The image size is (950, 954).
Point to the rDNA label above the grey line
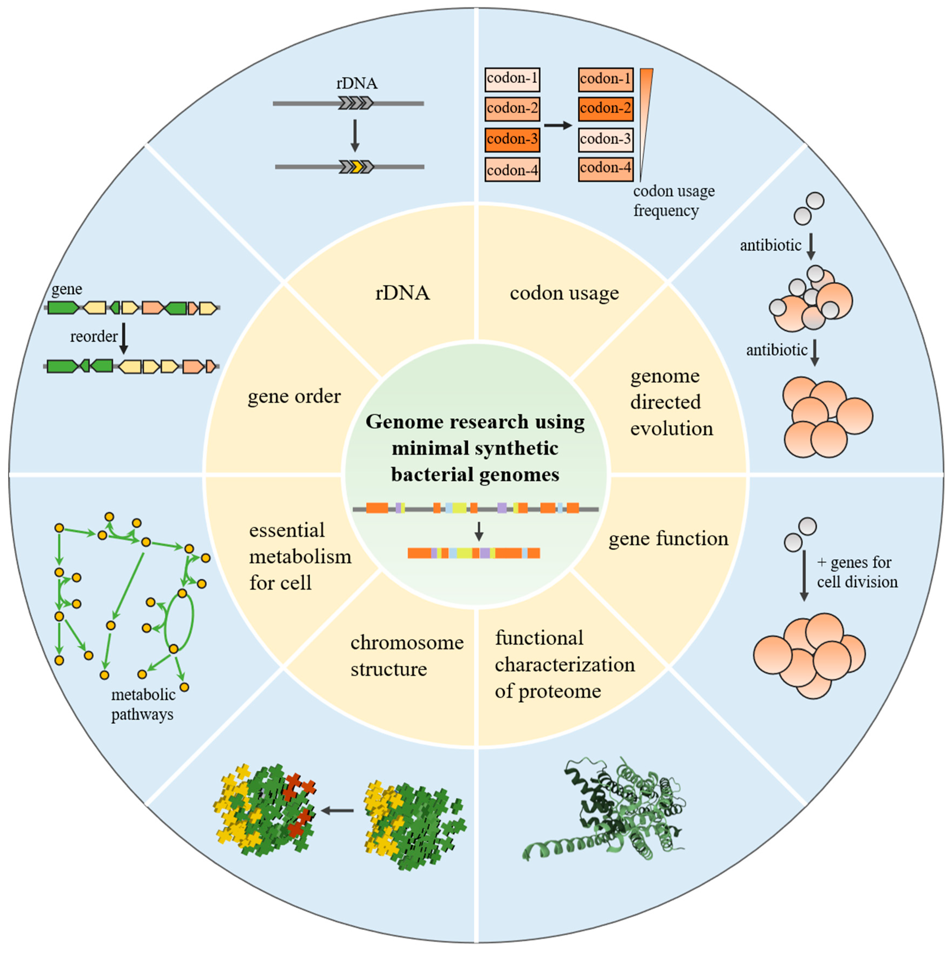point(357,83)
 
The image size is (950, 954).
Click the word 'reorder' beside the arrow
point(93,337)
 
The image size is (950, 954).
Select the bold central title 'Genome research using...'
point(475,448)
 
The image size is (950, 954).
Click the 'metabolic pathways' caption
point(143,705)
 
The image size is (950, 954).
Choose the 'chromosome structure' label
point(406,656)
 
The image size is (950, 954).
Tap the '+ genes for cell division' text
point(857,572)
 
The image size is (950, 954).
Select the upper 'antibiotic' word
point(770,245)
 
